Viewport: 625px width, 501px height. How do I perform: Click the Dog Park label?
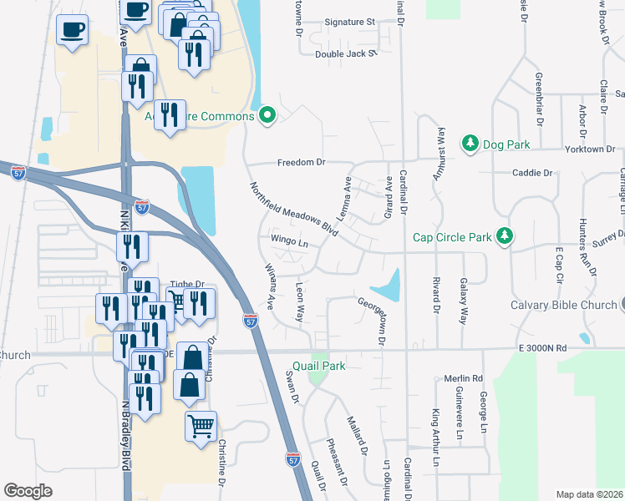click(x=506, y=144)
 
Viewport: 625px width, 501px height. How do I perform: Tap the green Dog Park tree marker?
click(x=470, y=144)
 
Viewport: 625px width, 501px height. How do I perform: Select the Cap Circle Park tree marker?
click(x=504, y=237)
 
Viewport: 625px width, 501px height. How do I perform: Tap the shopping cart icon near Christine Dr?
click(x=201, y=426)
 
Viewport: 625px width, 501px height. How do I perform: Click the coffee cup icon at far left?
click(x=72, y=30)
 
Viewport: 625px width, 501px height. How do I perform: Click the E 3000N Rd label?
click(x=541, y=347)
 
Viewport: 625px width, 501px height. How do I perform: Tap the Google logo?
click(x=28, y=491)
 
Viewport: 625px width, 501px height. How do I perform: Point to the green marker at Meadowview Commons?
click(x=267, y=114)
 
